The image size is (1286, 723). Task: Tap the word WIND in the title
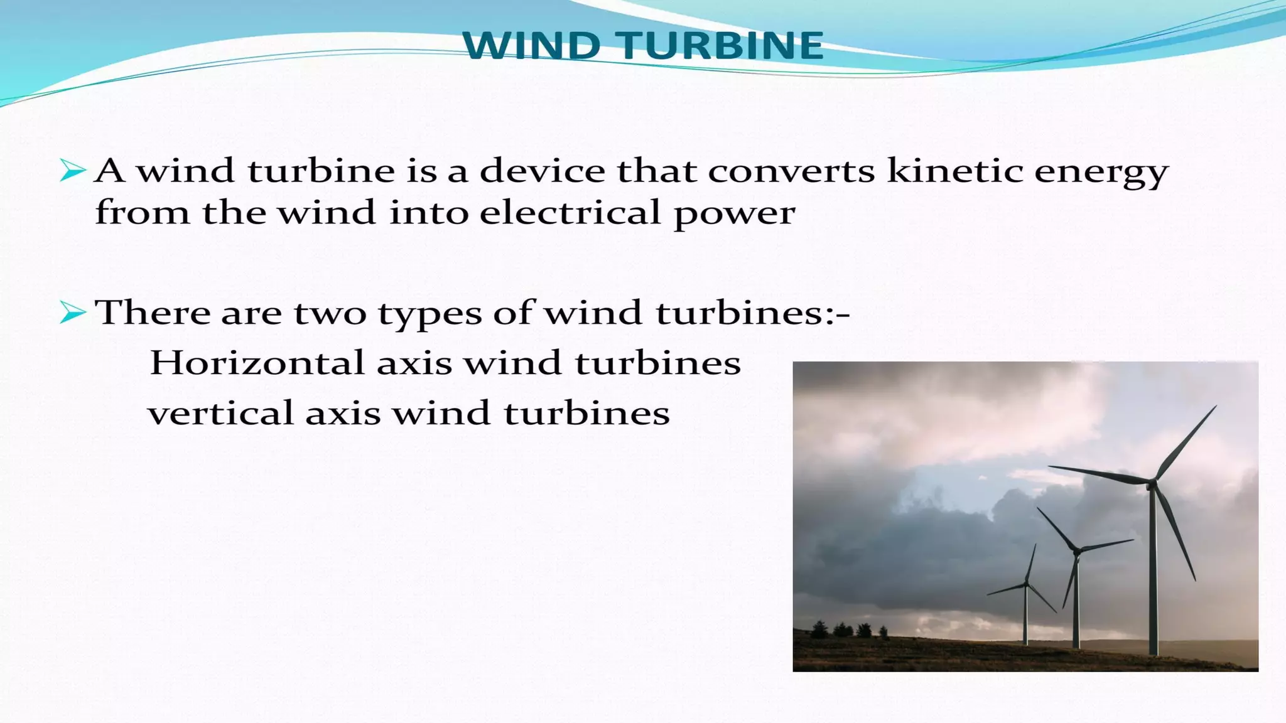[531, 46]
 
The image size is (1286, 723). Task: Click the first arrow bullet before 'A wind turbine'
[72, 171]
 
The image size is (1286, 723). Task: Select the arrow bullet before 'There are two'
[72, 312]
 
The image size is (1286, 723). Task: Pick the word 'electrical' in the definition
[570, 212]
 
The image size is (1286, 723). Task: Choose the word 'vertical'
[221, 413]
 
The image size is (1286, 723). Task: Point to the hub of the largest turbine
[1152, 483]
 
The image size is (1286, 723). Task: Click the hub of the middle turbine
[1076, 551]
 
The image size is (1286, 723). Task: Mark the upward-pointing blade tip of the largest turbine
[1214, 407]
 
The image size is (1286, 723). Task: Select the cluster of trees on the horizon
[848, 629]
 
